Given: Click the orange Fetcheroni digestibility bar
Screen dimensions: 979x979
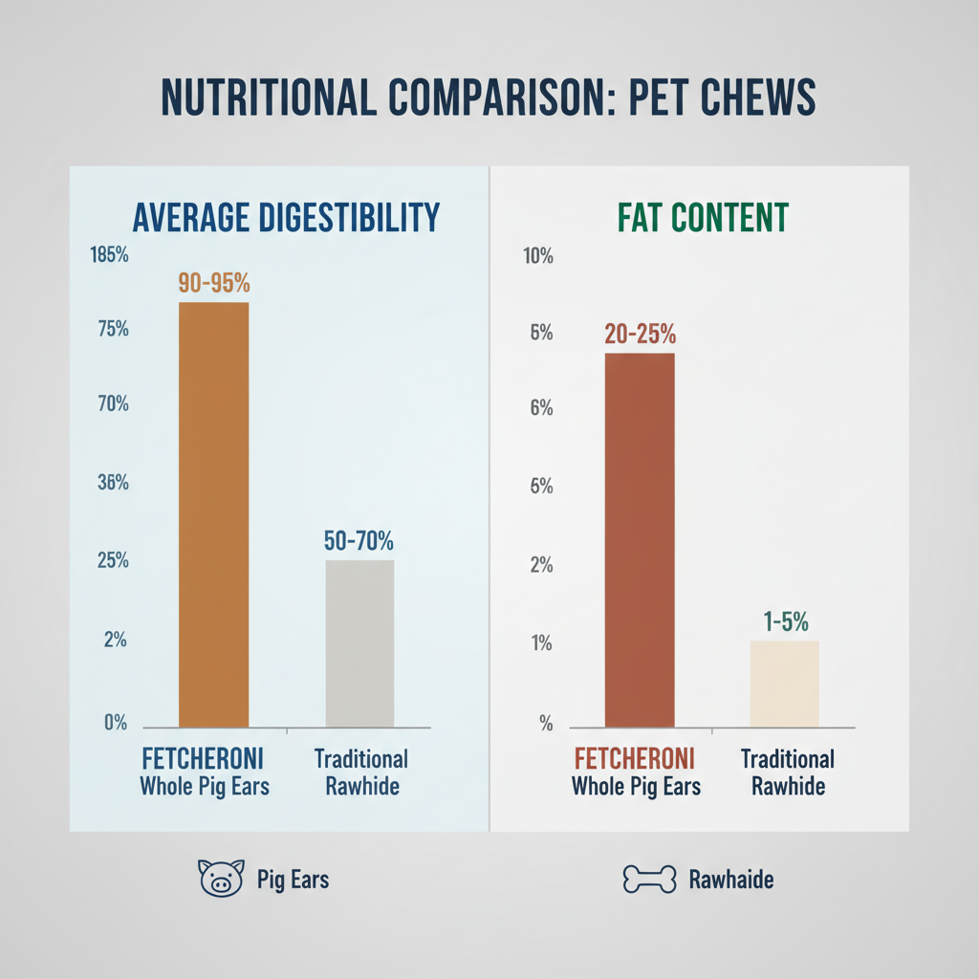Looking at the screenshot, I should click(x=213, y=514).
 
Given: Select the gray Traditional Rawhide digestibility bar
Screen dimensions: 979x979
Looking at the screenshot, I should click(x=359, y=643).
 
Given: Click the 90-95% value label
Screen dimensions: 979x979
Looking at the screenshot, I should click(x=214, y=283).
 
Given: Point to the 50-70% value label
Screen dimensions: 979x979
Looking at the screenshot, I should click(x=359, y=540).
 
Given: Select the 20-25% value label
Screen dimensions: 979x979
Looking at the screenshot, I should click(x=640, y=335).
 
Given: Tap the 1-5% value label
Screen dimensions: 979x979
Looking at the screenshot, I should click(x=785, y=621).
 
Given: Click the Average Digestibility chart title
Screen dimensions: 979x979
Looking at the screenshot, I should click(x=286, y=217).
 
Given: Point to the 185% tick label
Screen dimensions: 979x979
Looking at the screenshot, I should click(x=108, y=256).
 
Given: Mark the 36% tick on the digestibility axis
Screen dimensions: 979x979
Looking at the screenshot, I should click(x=112, y=483).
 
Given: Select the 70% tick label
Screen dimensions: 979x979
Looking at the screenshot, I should click(x=112, y=404).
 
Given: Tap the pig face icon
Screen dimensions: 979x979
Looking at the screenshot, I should click(x=219, y=878).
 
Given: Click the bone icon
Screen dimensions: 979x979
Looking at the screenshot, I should click(x=649, y=879).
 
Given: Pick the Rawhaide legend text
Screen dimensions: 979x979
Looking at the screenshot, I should click(x=731, y=880).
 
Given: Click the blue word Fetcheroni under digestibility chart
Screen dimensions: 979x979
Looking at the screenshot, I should click(x=202, y=760).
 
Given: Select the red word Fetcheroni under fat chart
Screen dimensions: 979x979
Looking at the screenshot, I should click(x=634, y=760).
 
